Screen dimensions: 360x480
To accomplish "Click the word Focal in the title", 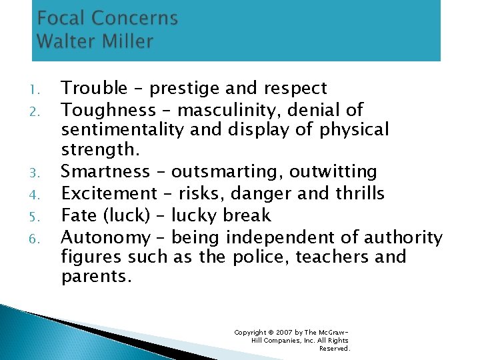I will click(x=61, y=18).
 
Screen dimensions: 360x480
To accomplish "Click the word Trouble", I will click(x=94, y=88).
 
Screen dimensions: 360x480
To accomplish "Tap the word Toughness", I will click(x=107, y=109).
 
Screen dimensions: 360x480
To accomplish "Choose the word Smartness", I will click(x=105, y=172).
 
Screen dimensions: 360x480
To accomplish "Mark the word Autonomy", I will click(x=105, y=237).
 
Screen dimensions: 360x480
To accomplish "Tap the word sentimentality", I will click(x=123, y=129).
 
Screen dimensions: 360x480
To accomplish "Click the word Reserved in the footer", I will click(x=335, y=348).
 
